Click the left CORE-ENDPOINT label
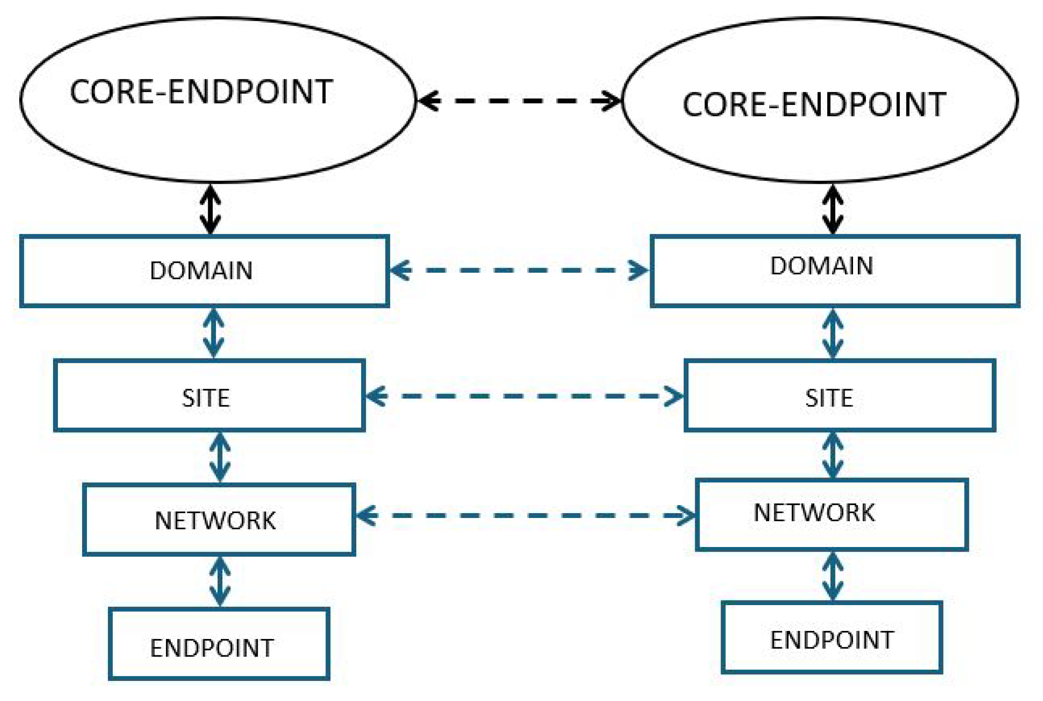click(201, 92)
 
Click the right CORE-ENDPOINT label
click(814, 105)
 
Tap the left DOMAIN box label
click(201, 271)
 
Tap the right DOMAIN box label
click(821, 266)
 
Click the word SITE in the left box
click(206, 398)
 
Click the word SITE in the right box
click(829, 398)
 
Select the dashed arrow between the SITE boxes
click(524, 396)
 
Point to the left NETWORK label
click(215, 521)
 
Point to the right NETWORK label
click(814, 513)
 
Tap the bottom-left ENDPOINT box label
click(212, 648)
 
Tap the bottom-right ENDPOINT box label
click(832, 640)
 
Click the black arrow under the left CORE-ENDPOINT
click(210, 209)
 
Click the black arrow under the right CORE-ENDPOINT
click(833, 209)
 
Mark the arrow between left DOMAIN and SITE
click(214, 333)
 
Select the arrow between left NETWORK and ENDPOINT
click(220, 581)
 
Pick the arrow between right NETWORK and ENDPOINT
click(833, 576)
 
